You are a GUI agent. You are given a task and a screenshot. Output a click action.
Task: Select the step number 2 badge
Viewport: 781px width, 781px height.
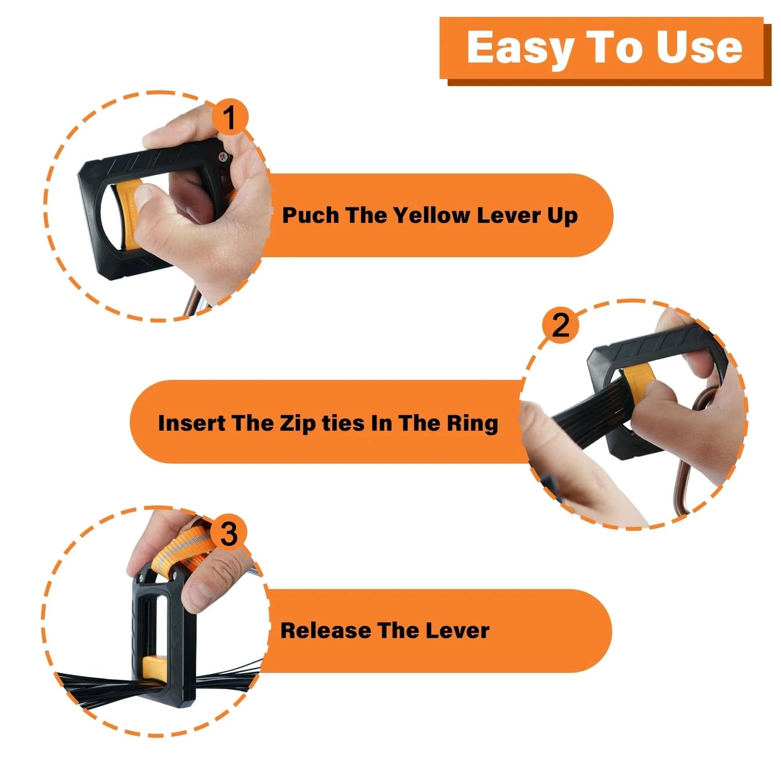pos(560,324)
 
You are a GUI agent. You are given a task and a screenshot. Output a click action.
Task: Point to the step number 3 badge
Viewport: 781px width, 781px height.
pos(229,534)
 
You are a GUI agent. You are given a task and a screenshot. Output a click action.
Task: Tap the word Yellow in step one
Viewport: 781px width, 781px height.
pos(432,215)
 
